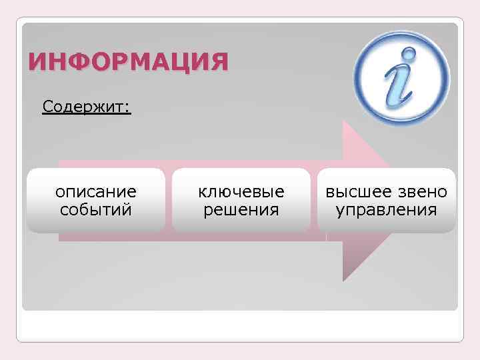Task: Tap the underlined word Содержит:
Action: click(86, 107)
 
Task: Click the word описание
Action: click(96, 192)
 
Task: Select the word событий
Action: click(96, 211)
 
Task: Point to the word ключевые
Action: click(241, 192)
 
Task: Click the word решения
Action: click(241, 211)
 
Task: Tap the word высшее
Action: click(356, 192)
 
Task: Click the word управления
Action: click(387, 211)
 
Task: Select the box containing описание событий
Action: click(96, 201)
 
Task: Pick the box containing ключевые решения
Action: click(241, 201)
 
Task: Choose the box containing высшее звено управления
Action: click(387, 201)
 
